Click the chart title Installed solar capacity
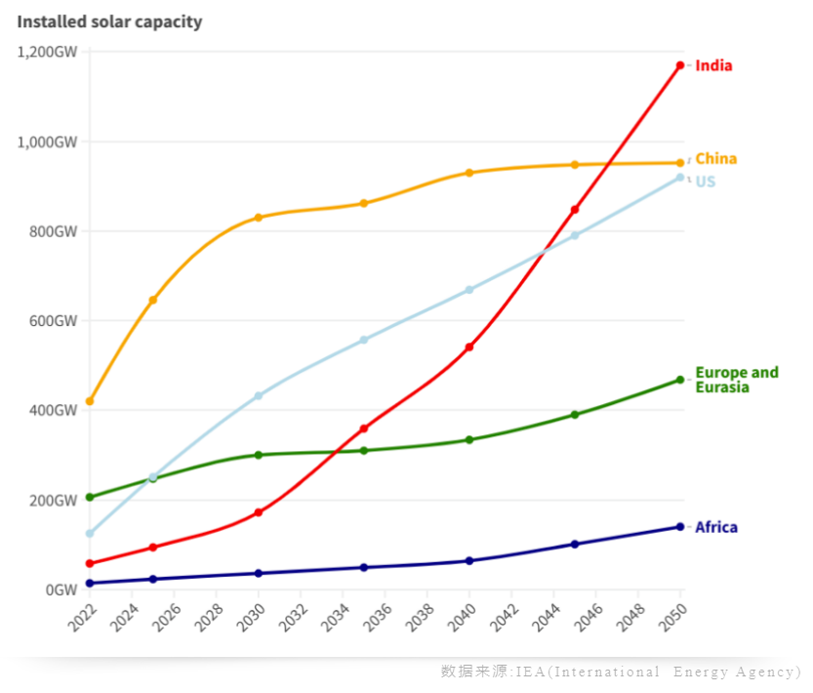109,21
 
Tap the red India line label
713,66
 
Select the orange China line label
715,159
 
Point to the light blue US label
705,183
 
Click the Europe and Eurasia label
736,380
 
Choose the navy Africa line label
715,528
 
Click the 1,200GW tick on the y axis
47,52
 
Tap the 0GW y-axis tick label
61,591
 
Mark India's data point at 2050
680,65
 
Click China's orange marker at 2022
90,401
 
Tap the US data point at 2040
469,290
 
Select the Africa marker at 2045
575,544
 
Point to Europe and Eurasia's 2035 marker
364,450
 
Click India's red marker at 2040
469,346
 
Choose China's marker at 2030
259,218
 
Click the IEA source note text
621,672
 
